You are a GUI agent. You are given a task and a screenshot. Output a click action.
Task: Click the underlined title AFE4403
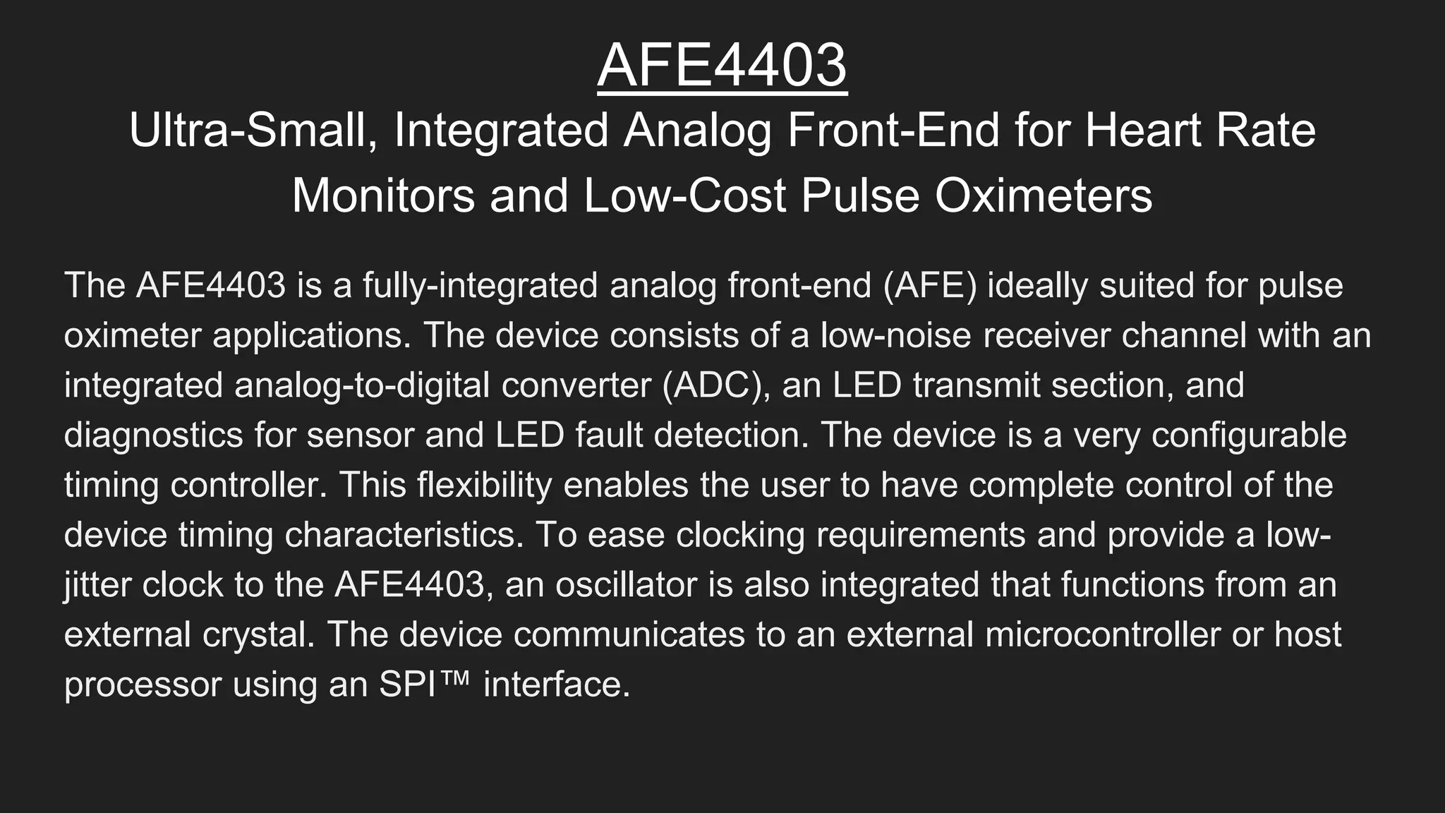click(x=722, y=65)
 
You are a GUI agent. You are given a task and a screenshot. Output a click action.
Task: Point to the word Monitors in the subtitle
click(x=383, y=195)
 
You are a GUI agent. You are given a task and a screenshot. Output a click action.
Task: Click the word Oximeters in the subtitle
click(x=1044, y=195)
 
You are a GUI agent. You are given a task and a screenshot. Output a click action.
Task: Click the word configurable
click(x=1249, y=435)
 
